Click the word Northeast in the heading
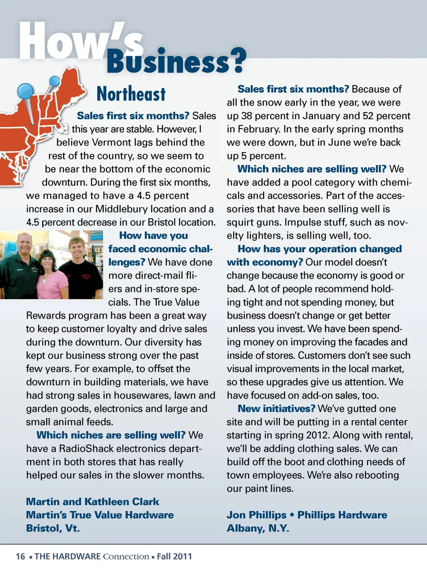[x=131, y=94]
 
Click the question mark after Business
[x=238, y=61]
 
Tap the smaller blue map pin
[x=54, y=81]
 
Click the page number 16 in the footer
[x=20, y=556]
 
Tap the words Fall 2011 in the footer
[x=174, y=556]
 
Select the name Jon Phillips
[x=256, y=515]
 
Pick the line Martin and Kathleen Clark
[x=93, y=501]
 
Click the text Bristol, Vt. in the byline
[x=53, y=528]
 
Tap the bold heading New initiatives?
[x=276, y=408]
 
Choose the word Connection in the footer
[x=126, y=556]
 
